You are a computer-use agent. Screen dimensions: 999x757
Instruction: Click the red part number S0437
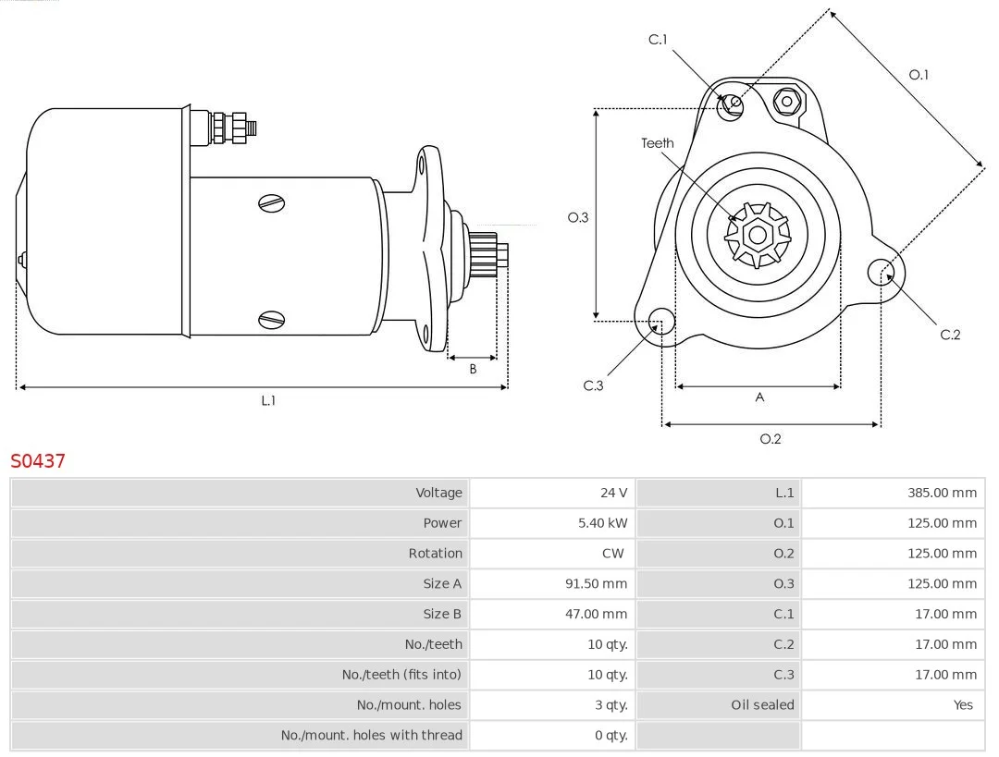click(38, 460)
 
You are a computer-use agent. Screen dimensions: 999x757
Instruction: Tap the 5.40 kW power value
click(602, 523)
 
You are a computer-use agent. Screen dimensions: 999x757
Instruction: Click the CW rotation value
click(613, 554)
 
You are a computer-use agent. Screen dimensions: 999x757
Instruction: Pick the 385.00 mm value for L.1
click(942, 493)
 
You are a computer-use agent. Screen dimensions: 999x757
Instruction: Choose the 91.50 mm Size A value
click(596, 584)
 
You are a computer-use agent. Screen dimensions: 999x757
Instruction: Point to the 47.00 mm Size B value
click(596, 614)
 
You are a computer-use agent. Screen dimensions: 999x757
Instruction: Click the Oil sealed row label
click(762, 705)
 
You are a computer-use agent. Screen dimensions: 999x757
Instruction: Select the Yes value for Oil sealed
click(963, 705)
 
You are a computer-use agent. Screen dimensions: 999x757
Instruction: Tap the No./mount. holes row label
click(409, 705)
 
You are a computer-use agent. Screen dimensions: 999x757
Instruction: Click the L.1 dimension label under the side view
click(268, 400)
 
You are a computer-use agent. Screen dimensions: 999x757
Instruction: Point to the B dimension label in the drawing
click(473, 369)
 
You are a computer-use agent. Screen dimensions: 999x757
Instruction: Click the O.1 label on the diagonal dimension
click(919, 75)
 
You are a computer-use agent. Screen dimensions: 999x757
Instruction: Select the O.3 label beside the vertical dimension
click(578, 217)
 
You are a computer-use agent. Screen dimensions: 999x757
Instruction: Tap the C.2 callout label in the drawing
click(950, 335)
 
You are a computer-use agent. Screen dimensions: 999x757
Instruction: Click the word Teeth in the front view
click(657, 143)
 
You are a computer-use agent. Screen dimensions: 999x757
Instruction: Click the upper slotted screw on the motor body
click(271, 203)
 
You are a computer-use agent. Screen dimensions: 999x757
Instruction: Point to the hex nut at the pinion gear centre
click(758, 235)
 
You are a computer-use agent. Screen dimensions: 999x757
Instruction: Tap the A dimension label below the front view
click(759, 397)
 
